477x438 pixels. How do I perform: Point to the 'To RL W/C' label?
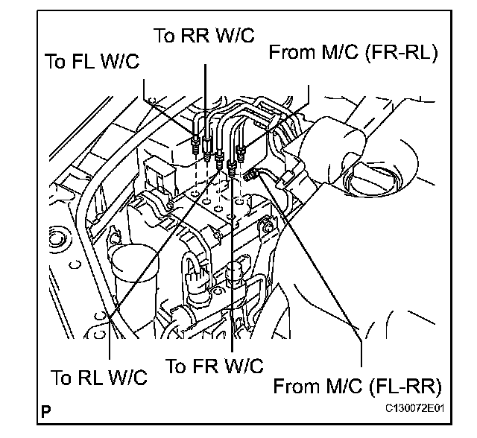[x=99, y=377]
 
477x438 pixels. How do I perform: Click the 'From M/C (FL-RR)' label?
[x=358, y=386]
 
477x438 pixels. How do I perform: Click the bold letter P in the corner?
[x=47, y=410]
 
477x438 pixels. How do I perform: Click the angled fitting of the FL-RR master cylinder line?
[x=251, y=176]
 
